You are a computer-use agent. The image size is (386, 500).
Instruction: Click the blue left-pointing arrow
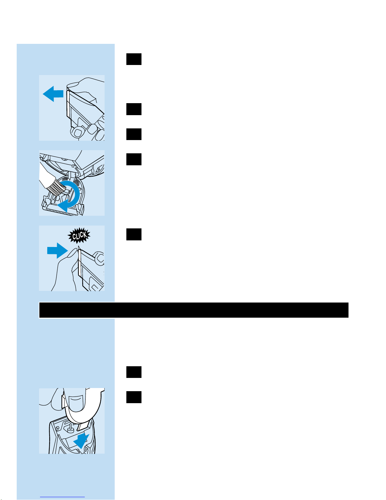53,94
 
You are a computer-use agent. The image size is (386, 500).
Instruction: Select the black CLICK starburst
79,235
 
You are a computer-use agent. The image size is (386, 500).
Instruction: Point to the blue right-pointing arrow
57,250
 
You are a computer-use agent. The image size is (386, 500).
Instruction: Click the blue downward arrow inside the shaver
81,441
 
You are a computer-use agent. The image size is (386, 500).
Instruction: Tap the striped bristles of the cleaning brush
57,187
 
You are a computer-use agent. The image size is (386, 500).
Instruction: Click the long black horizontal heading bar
194,310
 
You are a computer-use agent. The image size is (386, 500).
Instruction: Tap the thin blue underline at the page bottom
62,497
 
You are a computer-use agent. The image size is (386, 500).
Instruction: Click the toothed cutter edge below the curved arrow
62,212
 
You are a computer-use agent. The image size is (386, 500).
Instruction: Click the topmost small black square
134,59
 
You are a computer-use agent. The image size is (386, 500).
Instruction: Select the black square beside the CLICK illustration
134,234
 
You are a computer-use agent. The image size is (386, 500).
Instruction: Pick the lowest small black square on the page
134,397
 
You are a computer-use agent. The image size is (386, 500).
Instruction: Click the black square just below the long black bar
134,372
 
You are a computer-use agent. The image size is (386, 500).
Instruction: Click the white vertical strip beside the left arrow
68,103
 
